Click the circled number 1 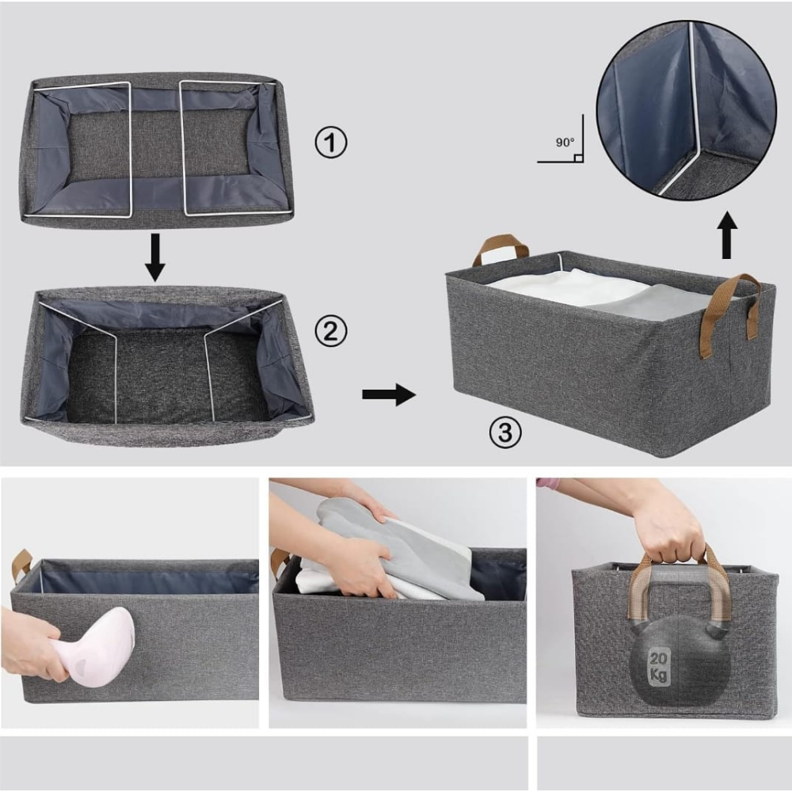pyautogui.click(x=331, y=143)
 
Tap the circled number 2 pyautogui.click(x=331, y=331)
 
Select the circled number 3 pyautogui.click(x=505, y=433)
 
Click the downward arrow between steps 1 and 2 pyautogui.click(x=155, y=257)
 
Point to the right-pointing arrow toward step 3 pyautogui.click(x=389, y=394)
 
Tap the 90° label pyautogui.click(x=565, y=143)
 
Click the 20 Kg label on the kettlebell pyautogui.click(x=658, y=667)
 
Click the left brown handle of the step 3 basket pyautogui.click(x=500, y=250)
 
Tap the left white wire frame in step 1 pyautogui.click(x=81, y=150)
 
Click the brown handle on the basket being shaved pyautogui.click(x=21, y=565)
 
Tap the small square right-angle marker pyautogui.click(x=579, y=158)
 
